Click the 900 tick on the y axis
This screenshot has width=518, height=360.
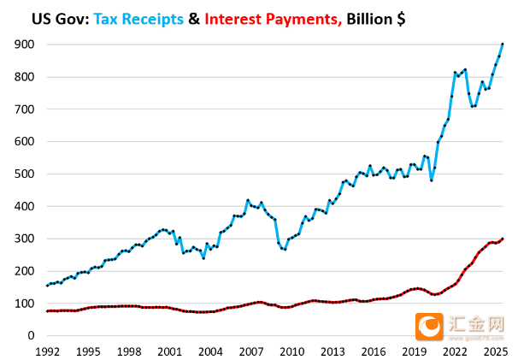coord(25,44)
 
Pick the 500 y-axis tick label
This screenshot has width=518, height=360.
coord(25,174)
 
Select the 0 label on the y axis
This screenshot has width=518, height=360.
coord(32,336)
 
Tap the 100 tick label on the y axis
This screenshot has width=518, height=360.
coord(25,304)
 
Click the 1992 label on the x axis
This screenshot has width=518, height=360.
coord(48,351)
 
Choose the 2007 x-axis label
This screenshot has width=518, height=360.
coord(250,351)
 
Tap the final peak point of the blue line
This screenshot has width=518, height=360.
coord(502,44)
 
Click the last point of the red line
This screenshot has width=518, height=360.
coord(502,239)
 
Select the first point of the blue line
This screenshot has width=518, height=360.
coord(48,286)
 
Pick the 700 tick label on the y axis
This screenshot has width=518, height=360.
coord(25,109)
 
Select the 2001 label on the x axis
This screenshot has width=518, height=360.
coord(169,351)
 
